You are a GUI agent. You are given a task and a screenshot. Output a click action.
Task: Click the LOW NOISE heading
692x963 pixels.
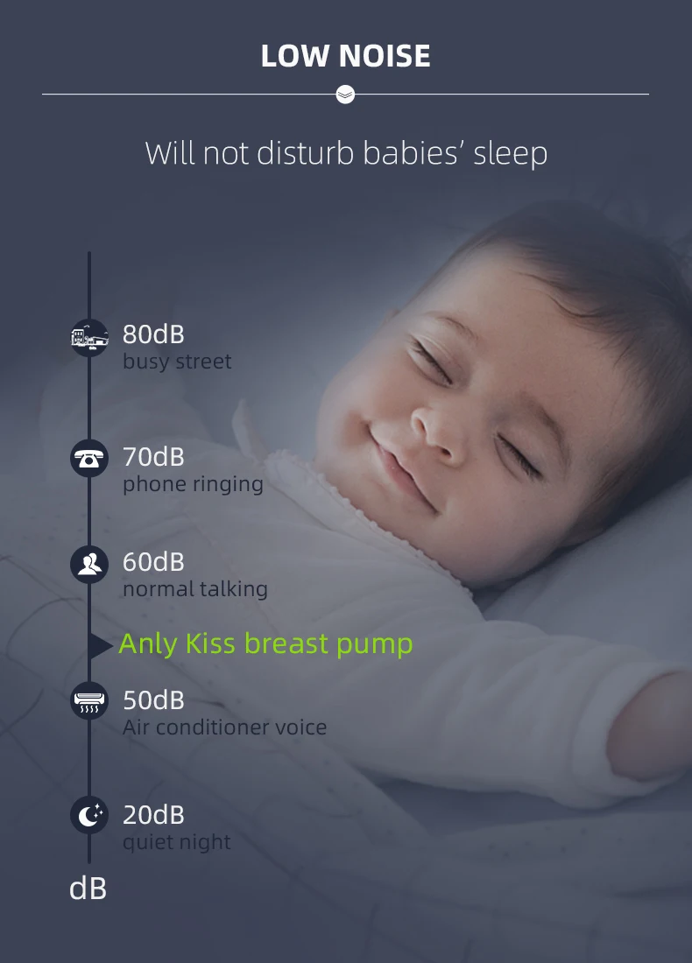pyautogui.click(x=345, y=56)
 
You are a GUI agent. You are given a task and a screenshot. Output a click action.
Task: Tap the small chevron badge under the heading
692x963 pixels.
pyautogui.click(x=345, y=94)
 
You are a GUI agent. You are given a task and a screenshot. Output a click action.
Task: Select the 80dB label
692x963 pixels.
pyautogui.click(x=153, y=334)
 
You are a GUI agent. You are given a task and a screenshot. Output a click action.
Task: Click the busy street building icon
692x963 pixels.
pyautogui.click(x=89, y=337)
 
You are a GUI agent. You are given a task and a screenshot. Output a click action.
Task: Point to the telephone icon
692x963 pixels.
pyautogui.click(x=89, y=460)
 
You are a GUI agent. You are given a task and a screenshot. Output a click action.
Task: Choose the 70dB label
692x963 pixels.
pyautogui.click(x=153, y=457)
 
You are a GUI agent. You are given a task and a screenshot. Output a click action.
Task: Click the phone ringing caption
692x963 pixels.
pyautogui.click(x=193, y=484)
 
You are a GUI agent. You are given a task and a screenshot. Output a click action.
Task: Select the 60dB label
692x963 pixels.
pyautogui.click(x=153, y=562)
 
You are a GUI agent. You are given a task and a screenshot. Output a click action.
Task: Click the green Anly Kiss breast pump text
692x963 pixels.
pyautogui.click(x=265, y=644)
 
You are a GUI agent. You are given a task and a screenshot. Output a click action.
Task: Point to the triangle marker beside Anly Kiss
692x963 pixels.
pyautogui.click(x=100, y=646)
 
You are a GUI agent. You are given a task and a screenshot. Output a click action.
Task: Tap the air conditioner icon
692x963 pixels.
pyautogui.click(x=89, y=700)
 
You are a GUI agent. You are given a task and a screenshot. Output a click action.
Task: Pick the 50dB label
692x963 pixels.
pyautogui.click(x=153, y=700)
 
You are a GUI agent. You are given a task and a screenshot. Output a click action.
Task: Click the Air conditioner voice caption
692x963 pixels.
pyautogui.click(x=224, y=728)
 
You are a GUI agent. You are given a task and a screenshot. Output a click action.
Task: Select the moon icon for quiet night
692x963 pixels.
pyautogui.click(x=89, y=817)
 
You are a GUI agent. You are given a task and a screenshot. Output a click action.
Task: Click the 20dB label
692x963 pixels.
pyautogui.click(x=153, y=815)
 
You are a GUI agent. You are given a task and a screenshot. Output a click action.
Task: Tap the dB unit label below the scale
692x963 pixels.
pyautogui.click(x=88, y=889)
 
